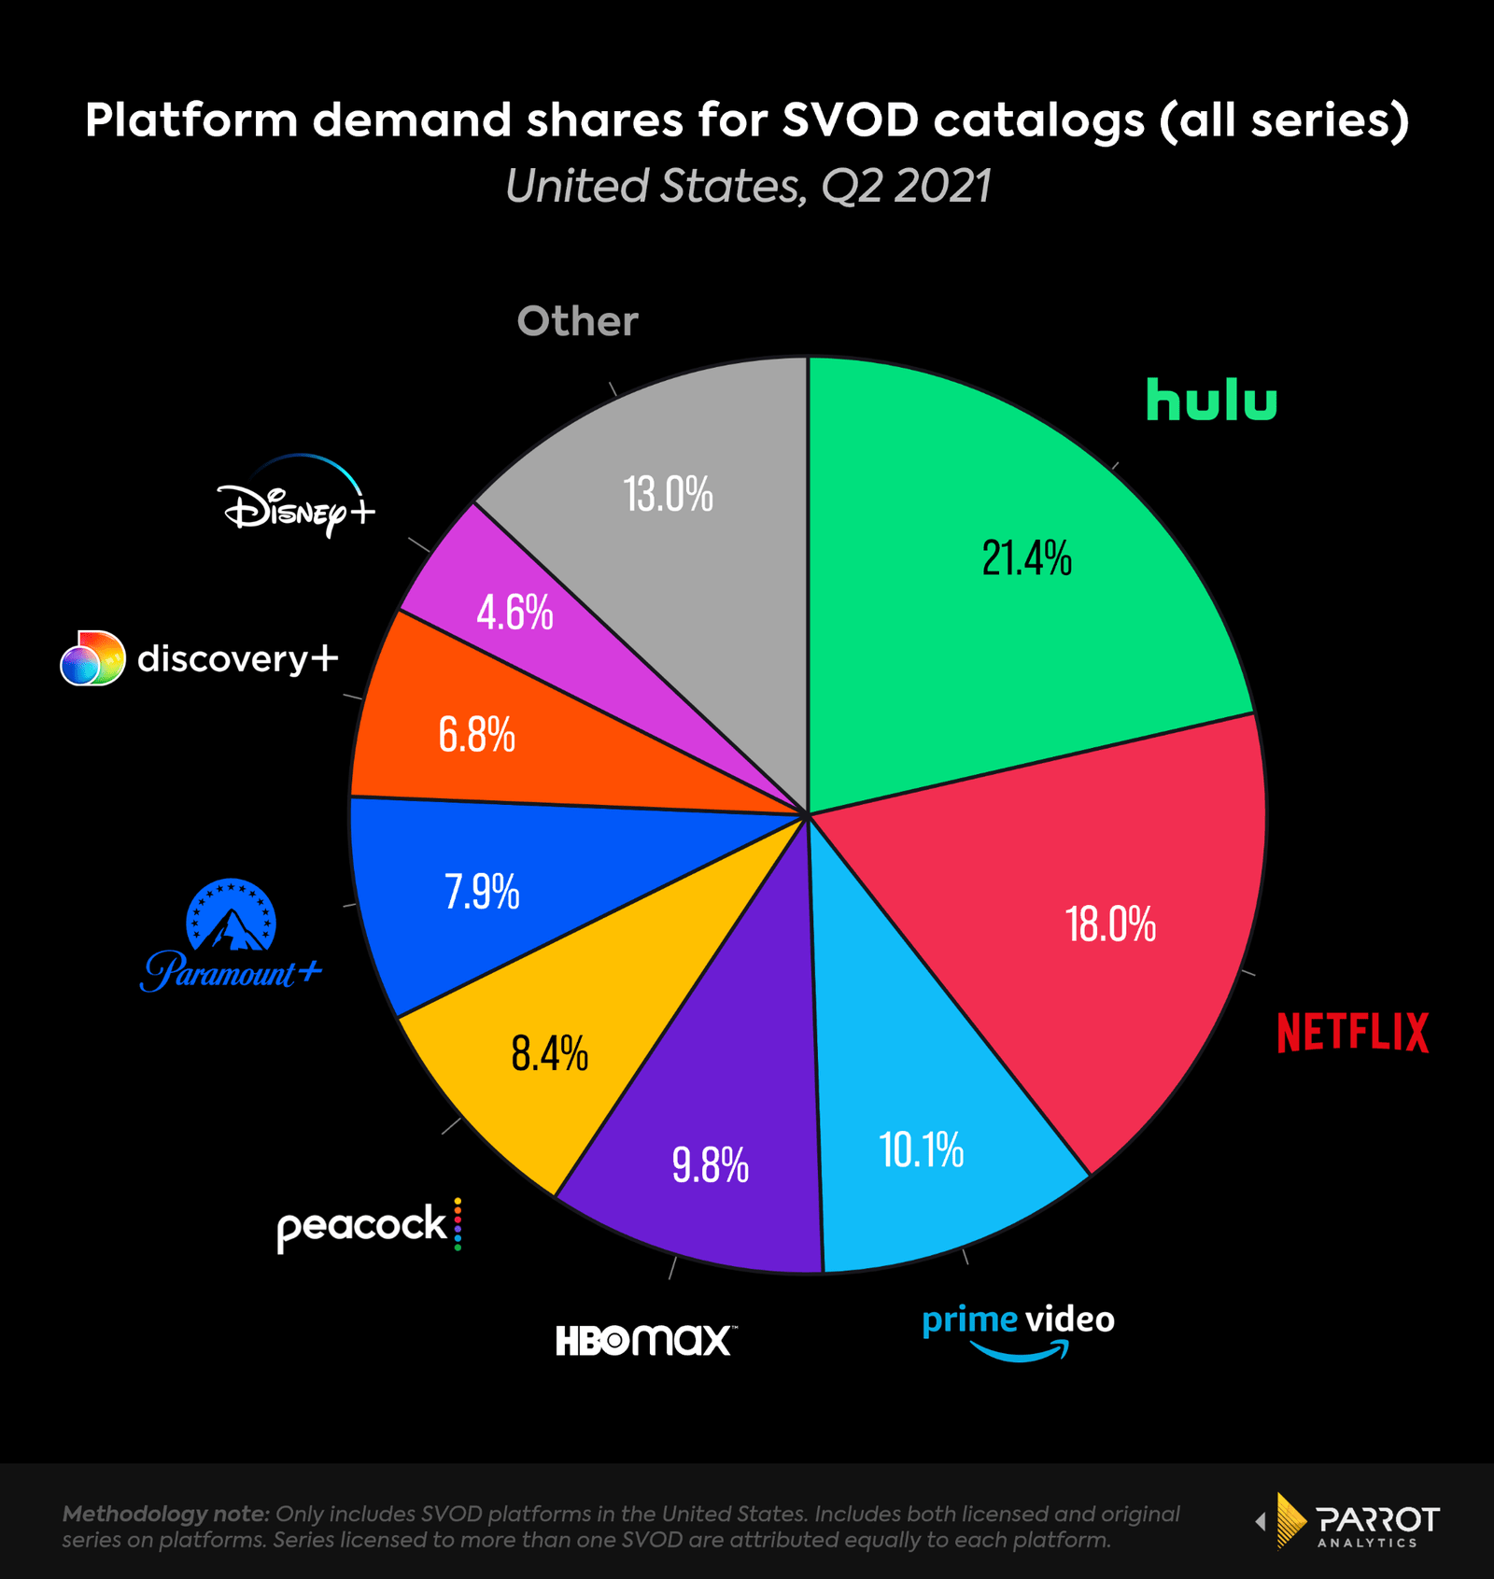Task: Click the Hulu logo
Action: [1211, 400]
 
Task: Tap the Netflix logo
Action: [1352, 1032]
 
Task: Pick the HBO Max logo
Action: [644, 1340]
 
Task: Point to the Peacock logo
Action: [369, 1225]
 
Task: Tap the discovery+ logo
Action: [199, 658]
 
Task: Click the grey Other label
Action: [578, 321]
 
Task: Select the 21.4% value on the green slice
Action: [1026, 558]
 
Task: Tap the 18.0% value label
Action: [1110, 924]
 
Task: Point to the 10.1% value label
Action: [921, 1149]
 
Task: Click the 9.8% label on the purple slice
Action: [710, 1165]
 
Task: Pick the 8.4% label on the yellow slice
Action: [549, 1053]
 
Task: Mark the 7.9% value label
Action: [482, 892]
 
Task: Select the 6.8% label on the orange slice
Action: [476, 735]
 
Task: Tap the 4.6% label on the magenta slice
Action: [514, 613]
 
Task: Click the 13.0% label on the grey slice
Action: [668, 494]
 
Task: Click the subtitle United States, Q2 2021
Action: [747, 186]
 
